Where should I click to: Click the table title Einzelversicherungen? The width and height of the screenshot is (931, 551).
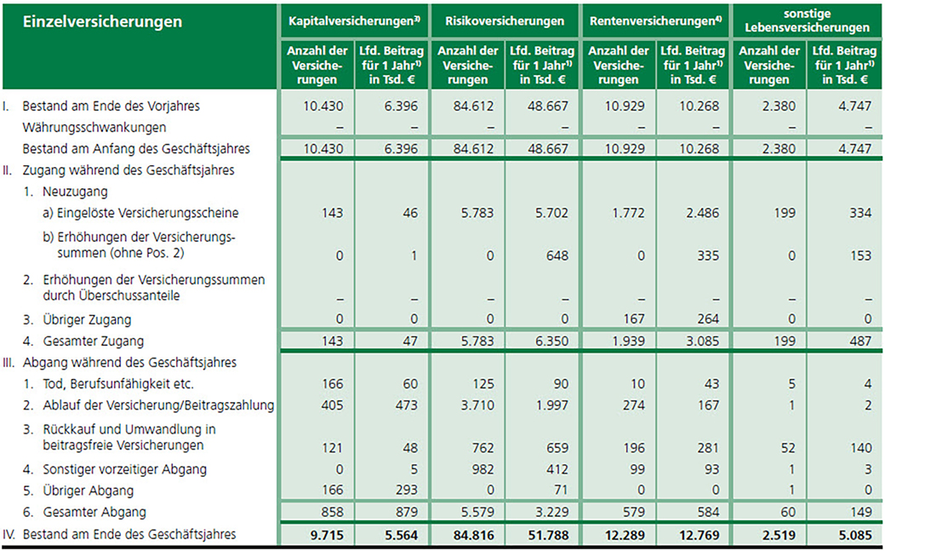point(103,21)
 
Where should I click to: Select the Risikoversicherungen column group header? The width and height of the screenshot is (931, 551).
point(505,20)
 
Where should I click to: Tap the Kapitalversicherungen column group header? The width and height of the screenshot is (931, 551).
point(355,20)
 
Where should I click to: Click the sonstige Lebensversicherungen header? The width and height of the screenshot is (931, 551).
point(806,20)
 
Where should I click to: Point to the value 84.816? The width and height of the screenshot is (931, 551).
point(467,535)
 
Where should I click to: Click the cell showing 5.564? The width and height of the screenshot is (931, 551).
point(391,535)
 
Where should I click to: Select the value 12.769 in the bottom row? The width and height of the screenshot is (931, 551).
point(694,535)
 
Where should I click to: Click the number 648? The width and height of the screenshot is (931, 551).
point(541,254)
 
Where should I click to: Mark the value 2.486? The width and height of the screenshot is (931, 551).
point(694,212)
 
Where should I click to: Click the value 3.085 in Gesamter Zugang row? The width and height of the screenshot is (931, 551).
point(694,341)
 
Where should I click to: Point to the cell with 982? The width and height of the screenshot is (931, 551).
point(467,469)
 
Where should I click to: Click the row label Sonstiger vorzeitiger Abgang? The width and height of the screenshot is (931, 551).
point(126,469)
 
